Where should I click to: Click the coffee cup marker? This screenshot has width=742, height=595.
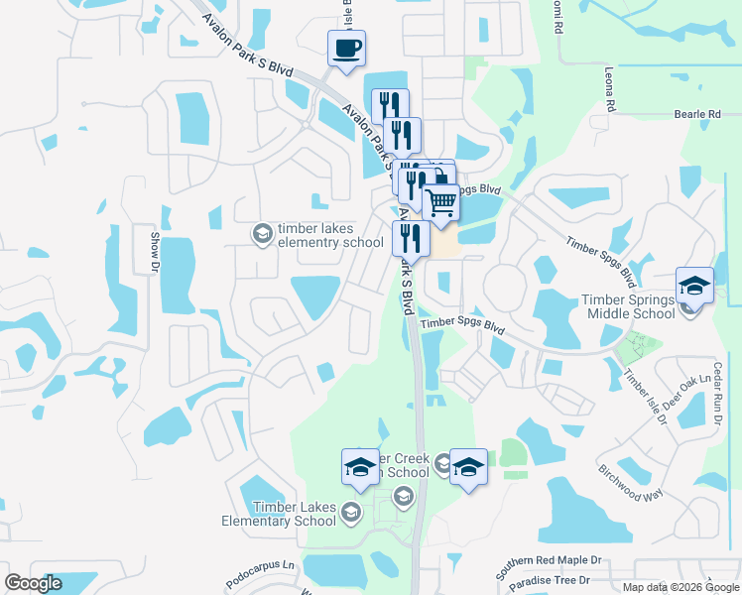pyautogui.click(x=346, y=49)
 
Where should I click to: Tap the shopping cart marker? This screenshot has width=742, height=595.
pyautogui.click(x=441, y=203)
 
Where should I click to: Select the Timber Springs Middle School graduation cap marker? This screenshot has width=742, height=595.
pyautogui.click(x=695, y=287)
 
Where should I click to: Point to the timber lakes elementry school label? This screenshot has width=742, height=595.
pyautogui.click(x=330, y=236)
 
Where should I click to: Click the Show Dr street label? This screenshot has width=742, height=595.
pyautogui.click(x=155, y=251)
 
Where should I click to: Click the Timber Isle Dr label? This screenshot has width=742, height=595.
pyautogui.click(x=645, y=397)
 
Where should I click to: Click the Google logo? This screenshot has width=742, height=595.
pyautogui.click(x=33, y=583)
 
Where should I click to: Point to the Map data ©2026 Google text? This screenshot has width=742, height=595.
pyautogui.click(x=680, y=587)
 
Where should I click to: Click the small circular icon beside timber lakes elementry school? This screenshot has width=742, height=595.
pyautogui.click(x=263, y=234)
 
